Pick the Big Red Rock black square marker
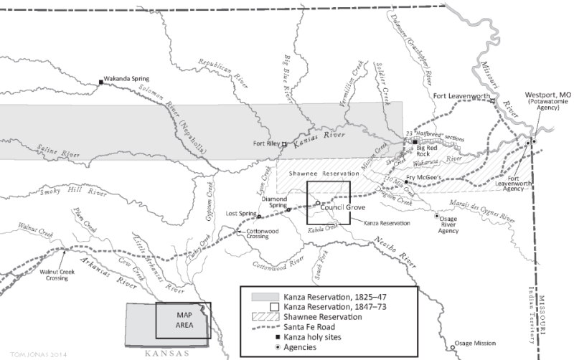pyautogui.click(x=415, y=142)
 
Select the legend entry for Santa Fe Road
pyautogui.click(x=309, y=319)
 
